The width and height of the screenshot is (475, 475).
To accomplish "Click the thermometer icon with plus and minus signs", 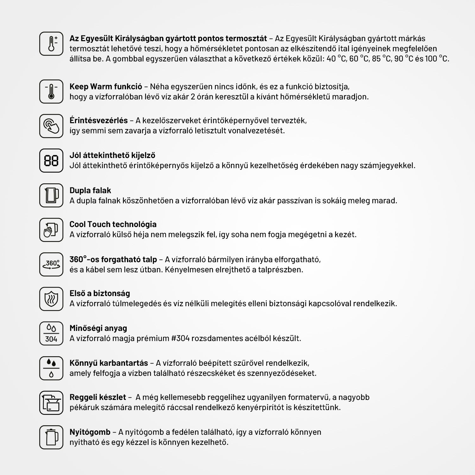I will (51, 44).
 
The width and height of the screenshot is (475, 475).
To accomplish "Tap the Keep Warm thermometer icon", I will (51, 92).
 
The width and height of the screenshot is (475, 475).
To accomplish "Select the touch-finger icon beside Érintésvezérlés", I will (51, 126).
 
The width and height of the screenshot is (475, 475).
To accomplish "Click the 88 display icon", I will (51, 161).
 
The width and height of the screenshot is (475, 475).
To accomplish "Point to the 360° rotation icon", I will (51, 264).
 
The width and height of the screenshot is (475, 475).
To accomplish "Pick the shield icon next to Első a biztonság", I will (51, 299).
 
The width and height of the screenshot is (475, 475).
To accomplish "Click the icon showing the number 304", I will (51, 333).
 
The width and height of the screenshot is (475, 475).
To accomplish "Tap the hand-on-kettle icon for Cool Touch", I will (51, 230).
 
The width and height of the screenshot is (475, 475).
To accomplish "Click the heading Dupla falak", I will (90, 190).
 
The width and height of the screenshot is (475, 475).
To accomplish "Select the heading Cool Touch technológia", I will (113, 224).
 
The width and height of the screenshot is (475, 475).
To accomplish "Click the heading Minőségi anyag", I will (98, 328).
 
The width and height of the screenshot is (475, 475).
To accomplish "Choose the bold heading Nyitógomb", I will (90, 432).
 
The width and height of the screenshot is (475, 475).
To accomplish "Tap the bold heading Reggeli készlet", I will (98, 397).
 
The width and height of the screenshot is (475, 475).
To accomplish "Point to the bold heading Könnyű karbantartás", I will (109, 363).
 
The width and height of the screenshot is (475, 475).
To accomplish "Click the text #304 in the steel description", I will (180, 338).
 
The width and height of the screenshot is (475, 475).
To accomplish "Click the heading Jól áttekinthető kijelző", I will (112, 155).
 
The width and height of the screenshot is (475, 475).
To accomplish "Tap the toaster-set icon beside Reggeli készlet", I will (51, 403).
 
